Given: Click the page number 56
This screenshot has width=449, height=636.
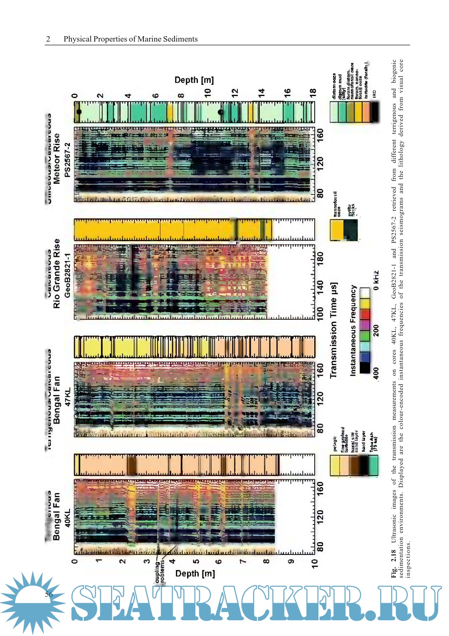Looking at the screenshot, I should (49, 594).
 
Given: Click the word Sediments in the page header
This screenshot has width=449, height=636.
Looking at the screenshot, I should (180, 39).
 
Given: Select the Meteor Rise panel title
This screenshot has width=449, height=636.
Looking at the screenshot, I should (57, 158).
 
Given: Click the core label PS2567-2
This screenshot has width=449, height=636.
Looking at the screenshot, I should (67, 160).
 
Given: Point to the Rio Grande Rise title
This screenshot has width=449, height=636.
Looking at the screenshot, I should (57, 273).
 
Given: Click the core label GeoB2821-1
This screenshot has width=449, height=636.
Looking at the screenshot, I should (67, 275).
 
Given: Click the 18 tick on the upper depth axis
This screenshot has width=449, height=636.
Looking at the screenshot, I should (313, 92).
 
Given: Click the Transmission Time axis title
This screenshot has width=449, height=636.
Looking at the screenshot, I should (333, 330).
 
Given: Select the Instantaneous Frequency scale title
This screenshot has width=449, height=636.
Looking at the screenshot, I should (353, 330).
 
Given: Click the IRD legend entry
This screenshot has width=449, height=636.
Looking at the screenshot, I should (374, 94).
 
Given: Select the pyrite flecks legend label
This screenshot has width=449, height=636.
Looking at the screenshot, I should (352, 209).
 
